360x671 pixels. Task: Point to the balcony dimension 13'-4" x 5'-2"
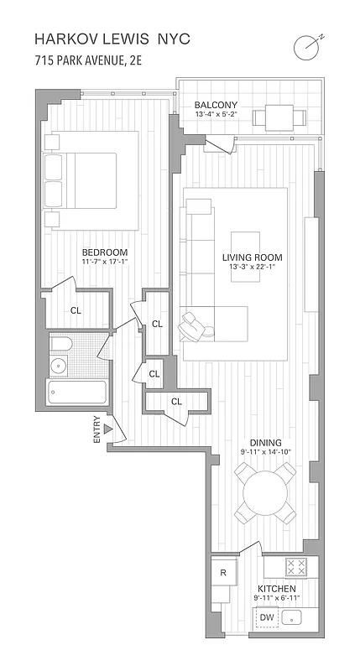coord(217,115)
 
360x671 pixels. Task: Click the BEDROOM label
coord(104,252)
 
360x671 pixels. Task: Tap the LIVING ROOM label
coord(252,257)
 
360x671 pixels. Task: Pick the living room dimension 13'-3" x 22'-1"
coord(252,268)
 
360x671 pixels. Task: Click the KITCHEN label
coord(276,589)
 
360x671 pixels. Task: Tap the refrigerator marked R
coord(223,573)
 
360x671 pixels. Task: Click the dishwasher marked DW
coord(267,618)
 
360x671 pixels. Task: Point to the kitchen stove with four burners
coord(295,567)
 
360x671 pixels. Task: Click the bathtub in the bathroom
coord(76,393)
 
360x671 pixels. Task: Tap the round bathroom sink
coord(58,365)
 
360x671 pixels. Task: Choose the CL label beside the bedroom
coord(76,309)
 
